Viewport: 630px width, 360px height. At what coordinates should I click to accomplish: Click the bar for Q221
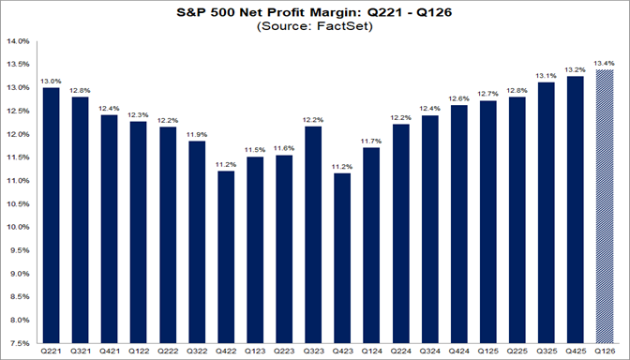coord(52,215)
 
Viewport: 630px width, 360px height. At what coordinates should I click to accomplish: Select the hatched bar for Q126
coord(604,205)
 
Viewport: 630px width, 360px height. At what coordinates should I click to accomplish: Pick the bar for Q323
coord(313,233)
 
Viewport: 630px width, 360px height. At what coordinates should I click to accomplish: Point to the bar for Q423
coord(342,257)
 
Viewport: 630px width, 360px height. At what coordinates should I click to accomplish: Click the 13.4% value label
coord(604,62)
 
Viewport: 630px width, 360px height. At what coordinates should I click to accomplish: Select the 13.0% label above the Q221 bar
coord(52,81)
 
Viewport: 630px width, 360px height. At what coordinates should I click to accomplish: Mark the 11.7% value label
coord(371,141)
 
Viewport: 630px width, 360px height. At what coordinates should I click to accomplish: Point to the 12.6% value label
coord(458,98)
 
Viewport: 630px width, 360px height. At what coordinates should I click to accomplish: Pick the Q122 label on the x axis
coord(139,352)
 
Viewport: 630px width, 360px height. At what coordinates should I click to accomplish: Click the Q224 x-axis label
coord(400,352)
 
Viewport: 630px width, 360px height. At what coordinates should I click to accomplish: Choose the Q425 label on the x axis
coord(575,352)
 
